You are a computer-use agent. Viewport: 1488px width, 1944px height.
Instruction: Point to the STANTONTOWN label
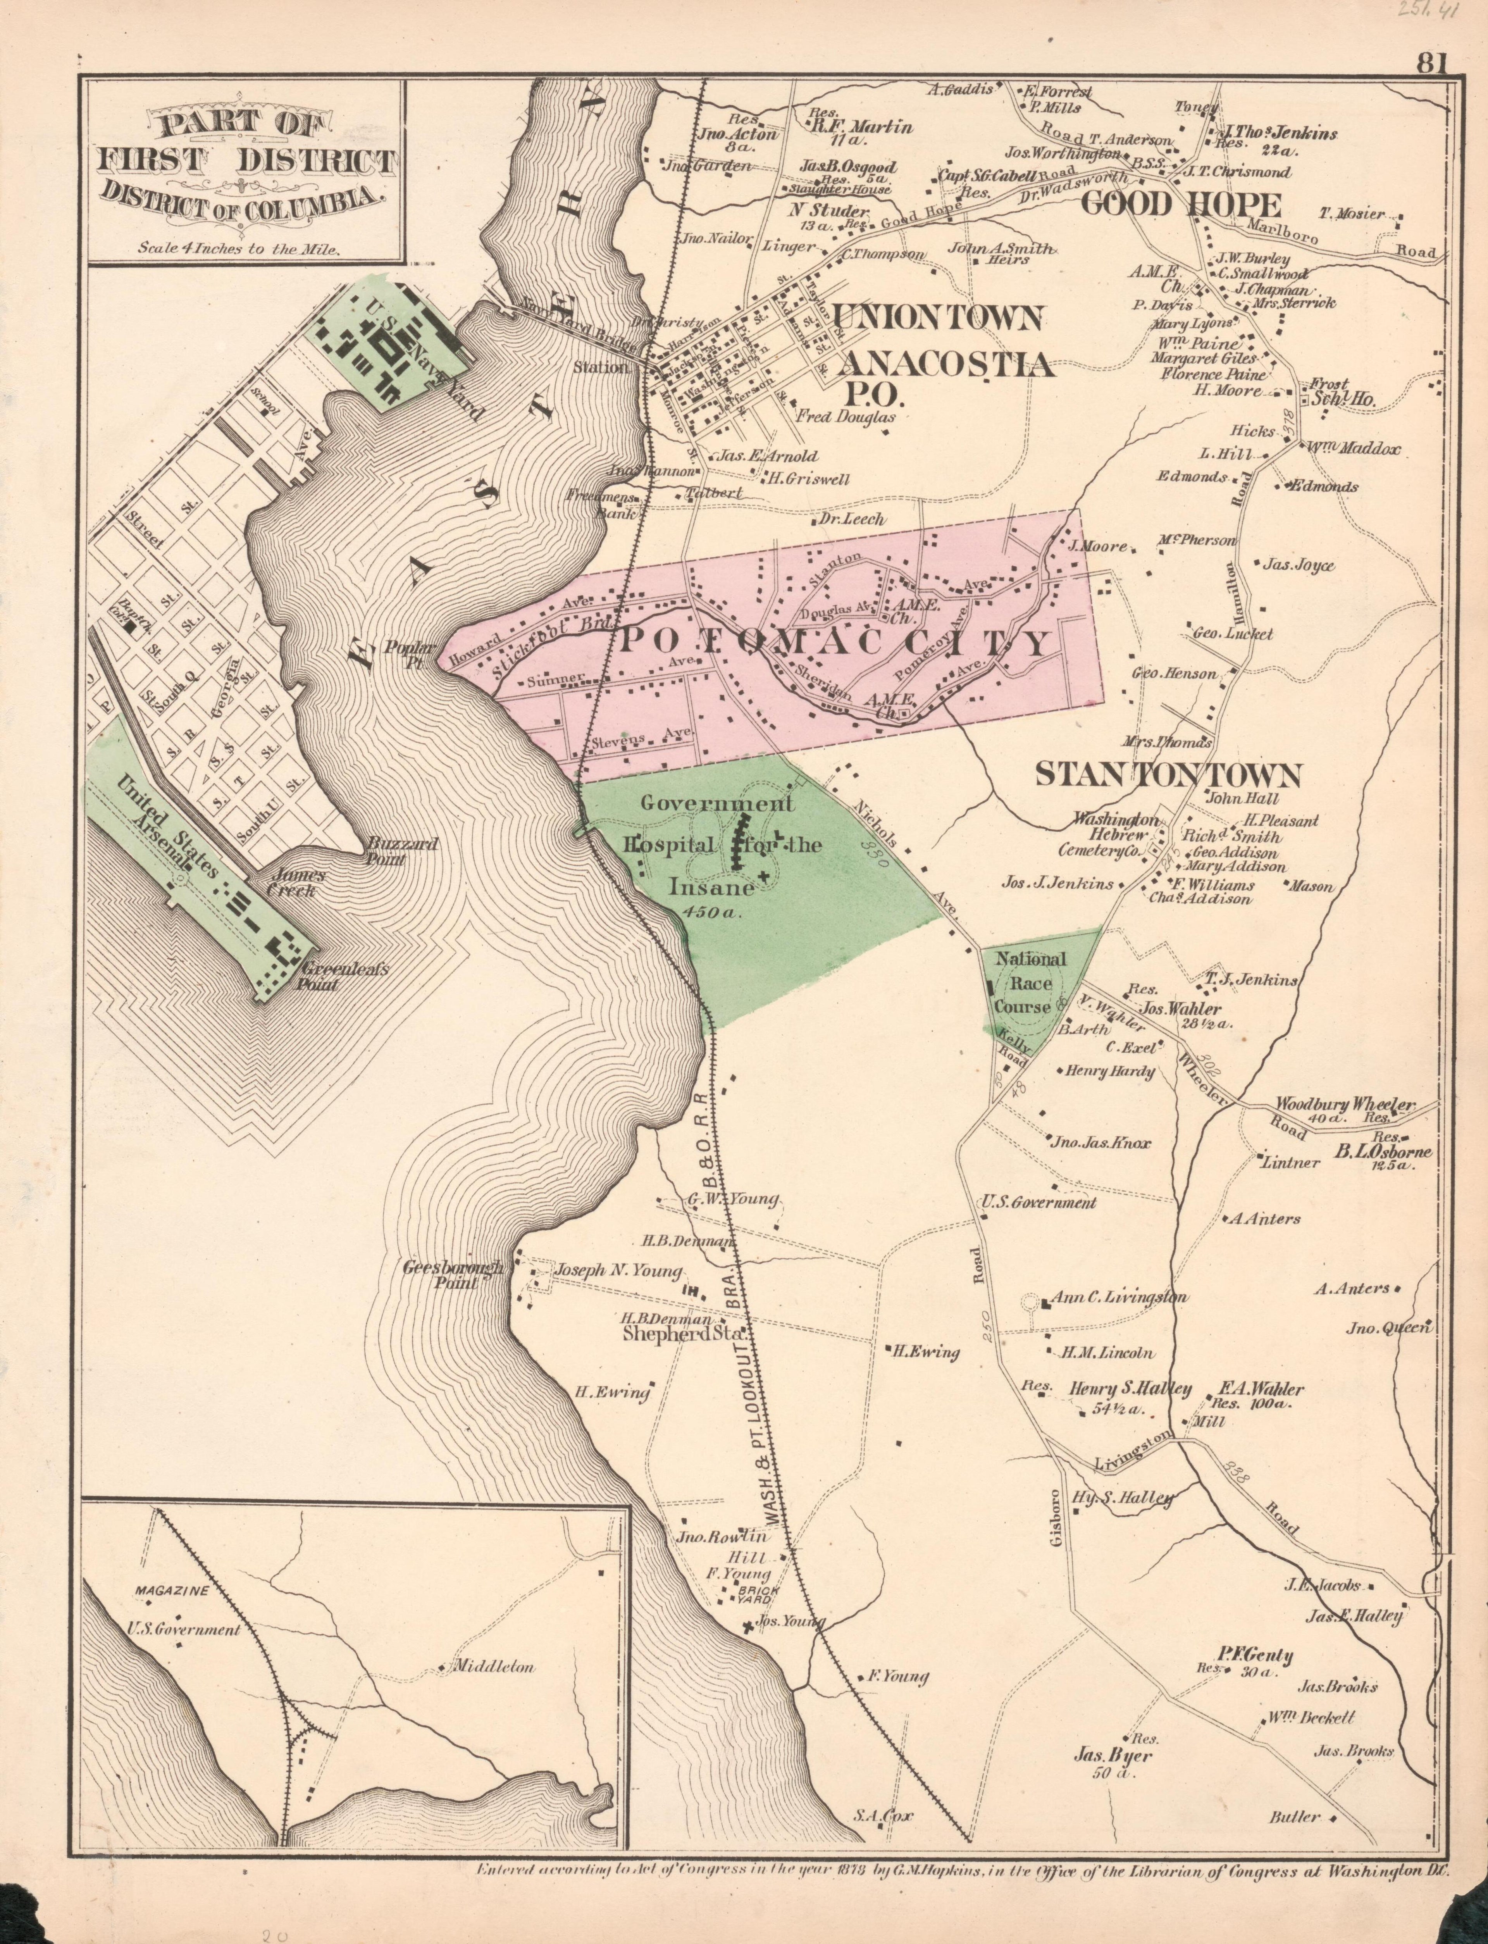point(1168,776)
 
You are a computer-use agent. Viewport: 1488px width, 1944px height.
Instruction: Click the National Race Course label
point(1030,983)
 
